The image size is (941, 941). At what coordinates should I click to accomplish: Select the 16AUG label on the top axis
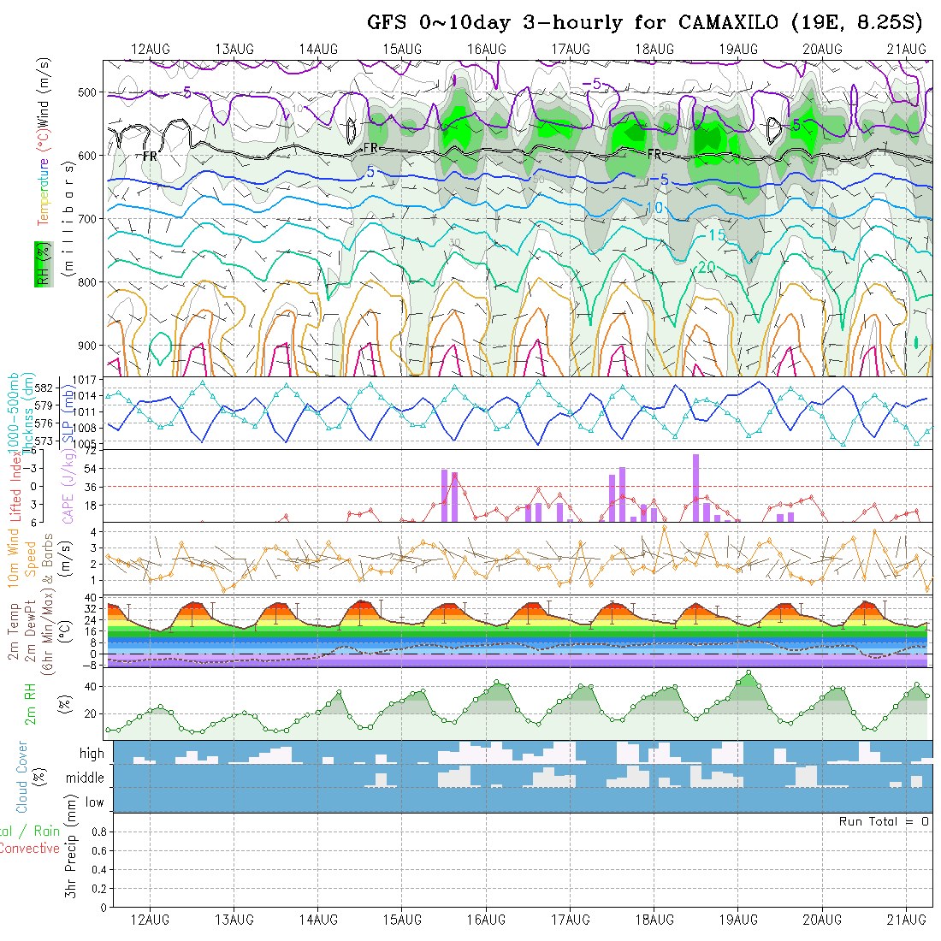pos(487,49)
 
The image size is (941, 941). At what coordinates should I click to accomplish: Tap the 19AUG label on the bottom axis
pos(738,920)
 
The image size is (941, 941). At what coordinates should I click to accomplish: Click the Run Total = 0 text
pos(884,821)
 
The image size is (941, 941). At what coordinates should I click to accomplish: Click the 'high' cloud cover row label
pos(92,754)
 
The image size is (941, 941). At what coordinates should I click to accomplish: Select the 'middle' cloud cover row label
pos(85,778)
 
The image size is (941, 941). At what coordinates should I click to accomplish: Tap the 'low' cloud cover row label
pos(94,802)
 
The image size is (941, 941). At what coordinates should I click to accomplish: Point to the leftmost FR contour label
pos(150,157)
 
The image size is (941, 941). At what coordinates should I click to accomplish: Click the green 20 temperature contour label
pos(707,267)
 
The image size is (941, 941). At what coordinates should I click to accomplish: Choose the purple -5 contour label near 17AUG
pos(592,84)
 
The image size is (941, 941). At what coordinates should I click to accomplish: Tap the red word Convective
pos(30,849)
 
